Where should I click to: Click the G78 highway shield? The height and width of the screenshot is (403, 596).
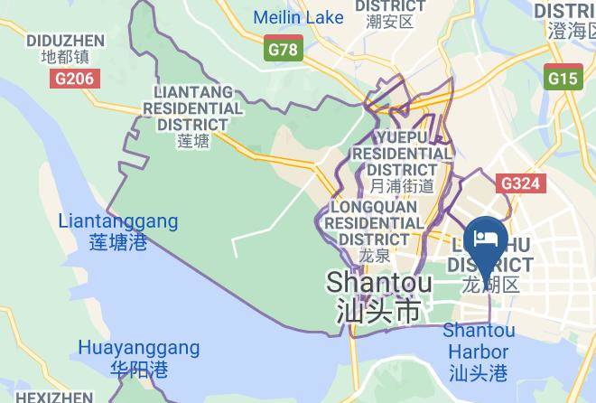[x=283, y=50]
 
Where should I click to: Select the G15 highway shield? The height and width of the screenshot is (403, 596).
[x=562, y=79]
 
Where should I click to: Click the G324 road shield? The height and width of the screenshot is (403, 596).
[x=520, y=184]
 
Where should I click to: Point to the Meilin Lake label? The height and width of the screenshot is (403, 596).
[x=298, y=17]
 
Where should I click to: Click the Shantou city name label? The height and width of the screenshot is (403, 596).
[x=372, y=282]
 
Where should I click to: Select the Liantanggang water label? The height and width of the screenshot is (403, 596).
[x=118, y=221]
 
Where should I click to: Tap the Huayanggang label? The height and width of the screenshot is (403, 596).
[x=138, y=348]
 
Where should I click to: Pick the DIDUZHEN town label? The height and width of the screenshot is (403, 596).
[x=66, y=40]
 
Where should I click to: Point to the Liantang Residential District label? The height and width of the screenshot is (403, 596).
[x=198, y=108]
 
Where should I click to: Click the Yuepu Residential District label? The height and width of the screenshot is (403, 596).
[x=402, y=153]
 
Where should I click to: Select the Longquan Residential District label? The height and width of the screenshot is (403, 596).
[x=374, y=222]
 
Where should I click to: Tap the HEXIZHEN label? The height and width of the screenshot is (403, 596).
[x=54, y=397]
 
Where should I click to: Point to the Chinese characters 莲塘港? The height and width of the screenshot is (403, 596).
[x=118, y=242]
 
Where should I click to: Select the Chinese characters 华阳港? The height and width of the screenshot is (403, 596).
[x=138, y=369]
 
